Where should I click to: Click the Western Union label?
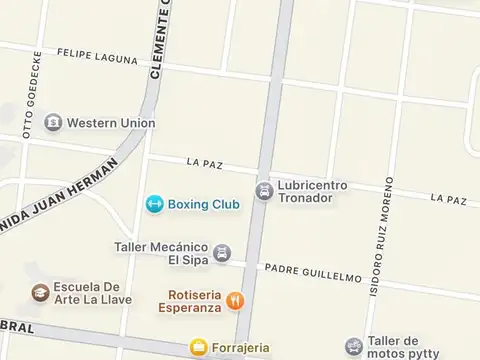[111, 123]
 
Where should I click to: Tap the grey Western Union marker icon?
[53, 123]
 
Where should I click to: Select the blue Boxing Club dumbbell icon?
[154, 204]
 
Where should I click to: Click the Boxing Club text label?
[203, 204]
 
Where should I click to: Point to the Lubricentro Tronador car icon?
[264, 190]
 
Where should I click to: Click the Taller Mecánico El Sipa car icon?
[223, 253]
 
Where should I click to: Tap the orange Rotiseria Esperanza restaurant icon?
[236, 301]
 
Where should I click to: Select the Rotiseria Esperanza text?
[189, 301]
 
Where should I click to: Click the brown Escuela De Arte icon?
[40, 292]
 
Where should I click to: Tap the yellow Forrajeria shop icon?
[199, 348]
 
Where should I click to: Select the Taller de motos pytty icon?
[353, 347]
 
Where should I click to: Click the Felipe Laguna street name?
[97, 56]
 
